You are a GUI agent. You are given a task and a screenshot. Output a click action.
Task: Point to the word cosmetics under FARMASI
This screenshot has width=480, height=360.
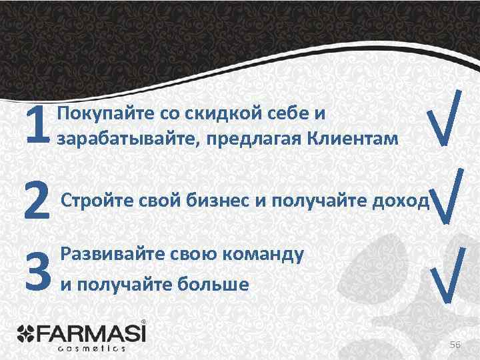point(92,347)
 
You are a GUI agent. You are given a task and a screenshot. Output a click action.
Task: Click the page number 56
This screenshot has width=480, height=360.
point(455,344)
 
